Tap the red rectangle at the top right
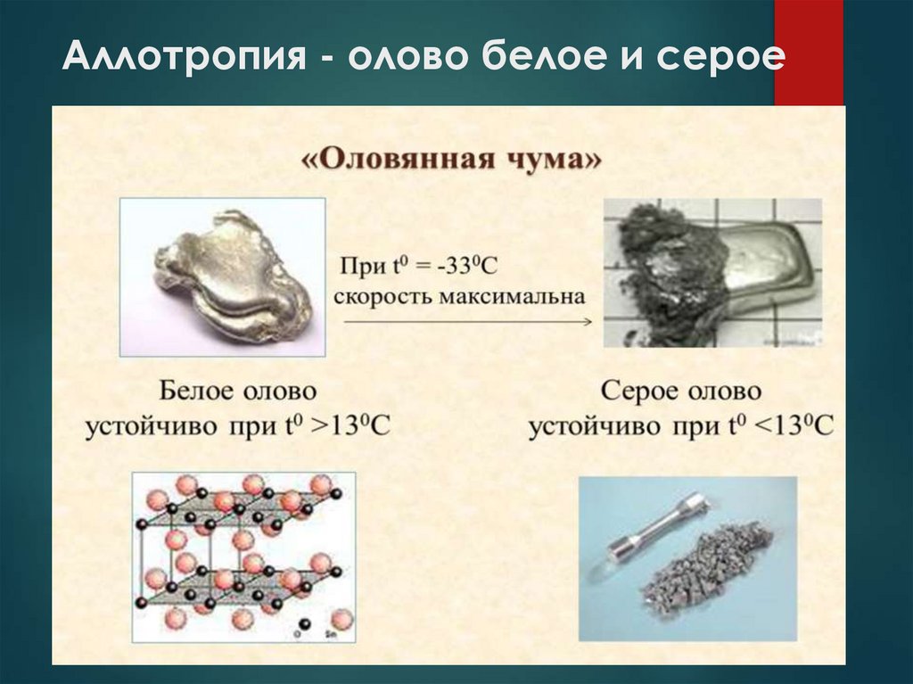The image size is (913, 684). coord(808,54)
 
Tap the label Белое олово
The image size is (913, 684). coord(238,391)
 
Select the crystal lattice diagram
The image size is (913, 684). coord(243,554)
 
